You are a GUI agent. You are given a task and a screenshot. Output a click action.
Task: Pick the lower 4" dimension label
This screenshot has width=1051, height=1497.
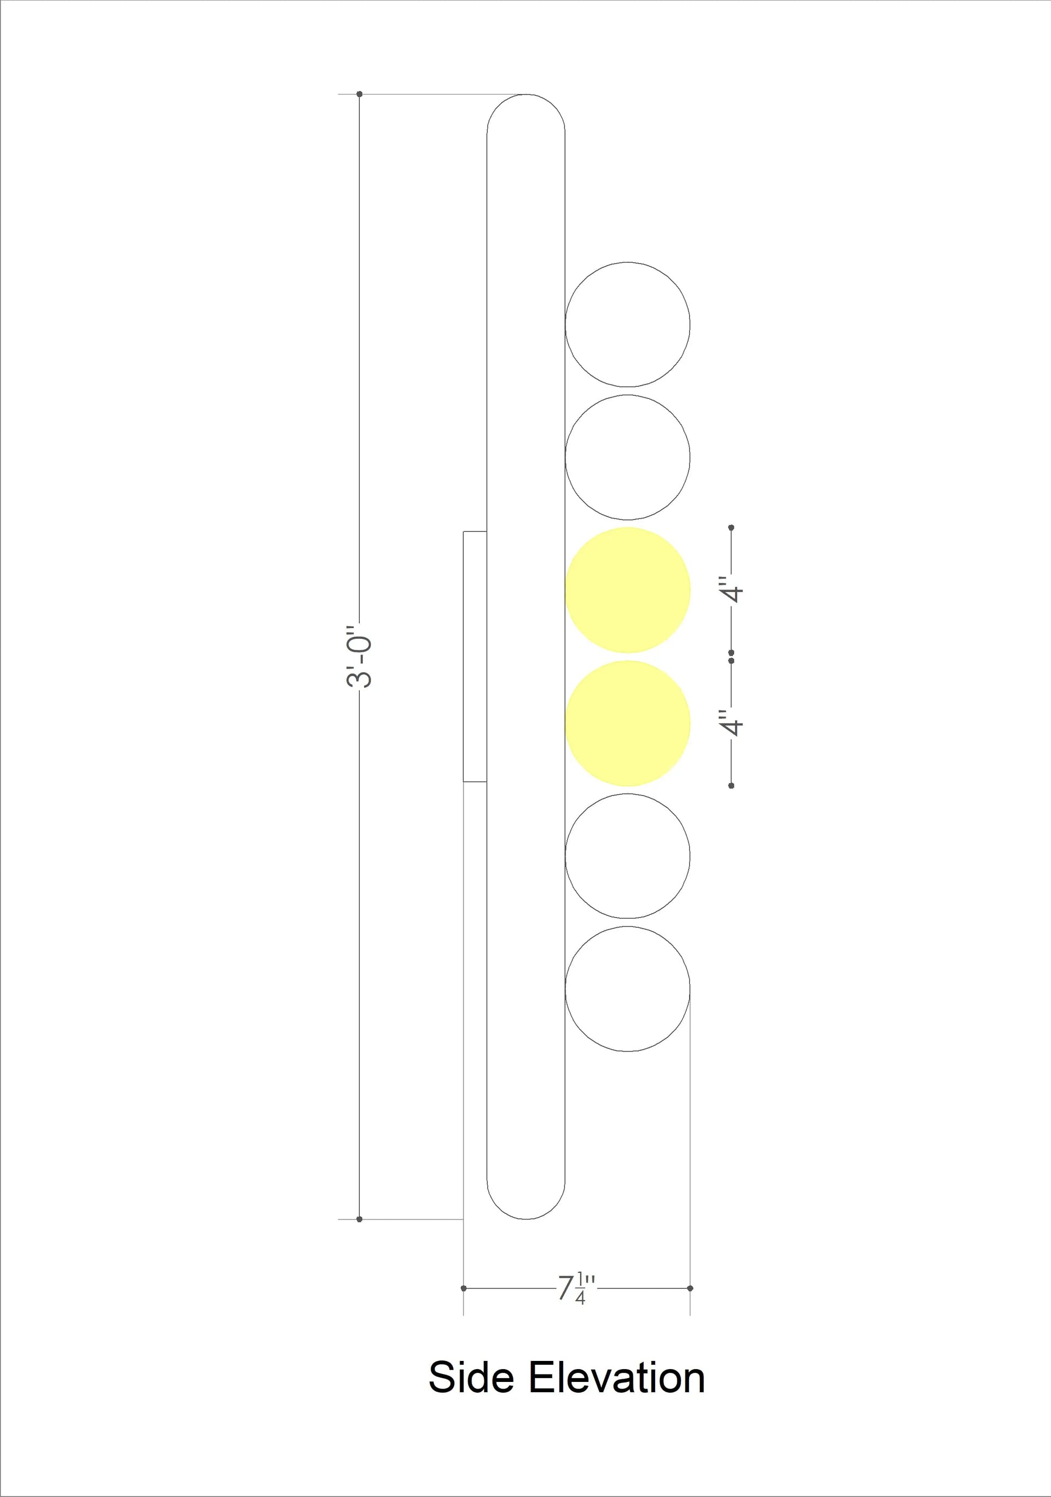(732, 723)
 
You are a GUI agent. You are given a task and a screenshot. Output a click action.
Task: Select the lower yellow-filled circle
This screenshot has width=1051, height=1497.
(627, 723)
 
